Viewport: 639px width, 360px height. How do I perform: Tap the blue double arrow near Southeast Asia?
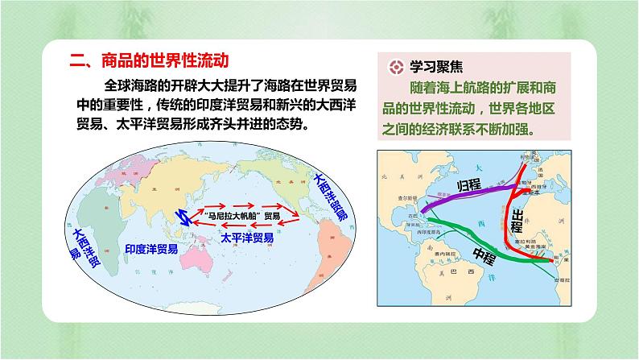pyautogui.click(x=183, y=215)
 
